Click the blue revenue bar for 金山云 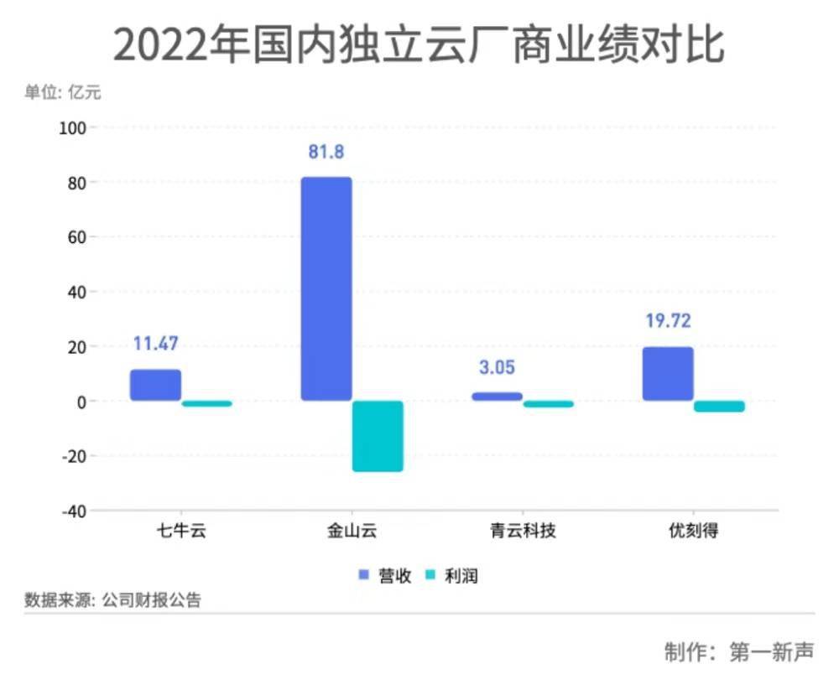tap(326, 288)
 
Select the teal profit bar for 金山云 tap(378, 436)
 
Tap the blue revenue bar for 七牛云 tap(155, 385)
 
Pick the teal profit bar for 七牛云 tap(206, 403)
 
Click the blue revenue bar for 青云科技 tap(497, 396)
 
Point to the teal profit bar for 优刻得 tap(719, 407)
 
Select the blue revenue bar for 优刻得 tap(668, 374)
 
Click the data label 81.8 tap(326, 153)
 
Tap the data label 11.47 tap(155, 344)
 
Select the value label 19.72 tap(668, 321)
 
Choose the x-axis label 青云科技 tap(523, 532)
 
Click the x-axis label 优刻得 tap(693, 532)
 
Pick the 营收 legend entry tap(385, 576)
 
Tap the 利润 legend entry tap(452, 576)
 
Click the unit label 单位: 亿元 tap(62, 92)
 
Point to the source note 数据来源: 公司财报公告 tap(113, 600)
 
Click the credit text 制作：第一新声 tap(738, 652)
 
